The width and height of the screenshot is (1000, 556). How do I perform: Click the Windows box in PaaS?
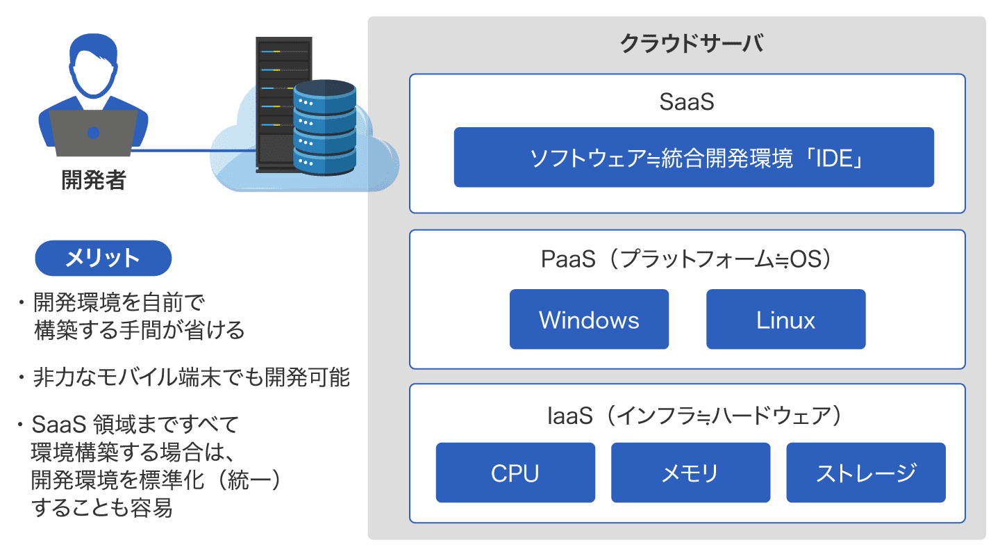point(589,320)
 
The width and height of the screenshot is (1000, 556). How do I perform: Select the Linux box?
point(785,320)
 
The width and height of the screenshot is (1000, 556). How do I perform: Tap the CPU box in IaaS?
point(515,473)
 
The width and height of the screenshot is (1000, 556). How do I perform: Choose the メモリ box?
point(690,473)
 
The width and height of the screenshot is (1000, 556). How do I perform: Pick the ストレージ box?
point(865,473)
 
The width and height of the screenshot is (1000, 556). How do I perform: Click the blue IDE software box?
point(694,157)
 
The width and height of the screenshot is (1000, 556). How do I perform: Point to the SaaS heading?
point(687,102)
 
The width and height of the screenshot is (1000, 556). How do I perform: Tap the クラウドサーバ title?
point(691,44)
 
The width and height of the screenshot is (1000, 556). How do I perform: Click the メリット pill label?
point(103,259)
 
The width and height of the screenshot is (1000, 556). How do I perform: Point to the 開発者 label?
point(94,180)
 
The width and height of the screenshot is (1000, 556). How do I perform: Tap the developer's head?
point(94,66)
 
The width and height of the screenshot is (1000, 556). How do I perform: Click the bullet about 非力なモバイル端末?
point(184,378)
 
